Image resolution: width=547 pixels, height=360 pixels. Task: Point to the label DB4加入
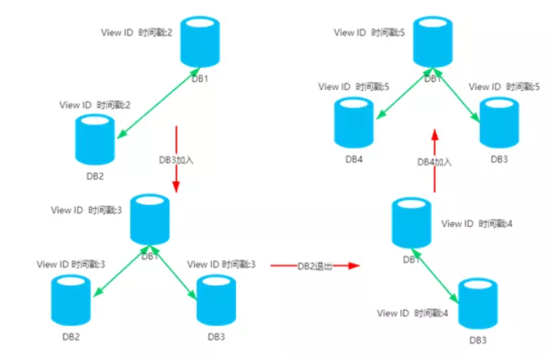click(434, 163)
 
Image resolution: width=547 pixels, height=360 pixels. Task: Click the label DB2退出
click(314, 265)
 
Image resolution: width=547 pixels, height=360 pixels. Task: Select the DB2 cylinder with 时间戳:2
click(94, 138)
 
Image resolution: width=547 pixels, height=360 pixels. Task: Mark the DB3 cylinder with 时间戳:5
click(498, 121)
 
